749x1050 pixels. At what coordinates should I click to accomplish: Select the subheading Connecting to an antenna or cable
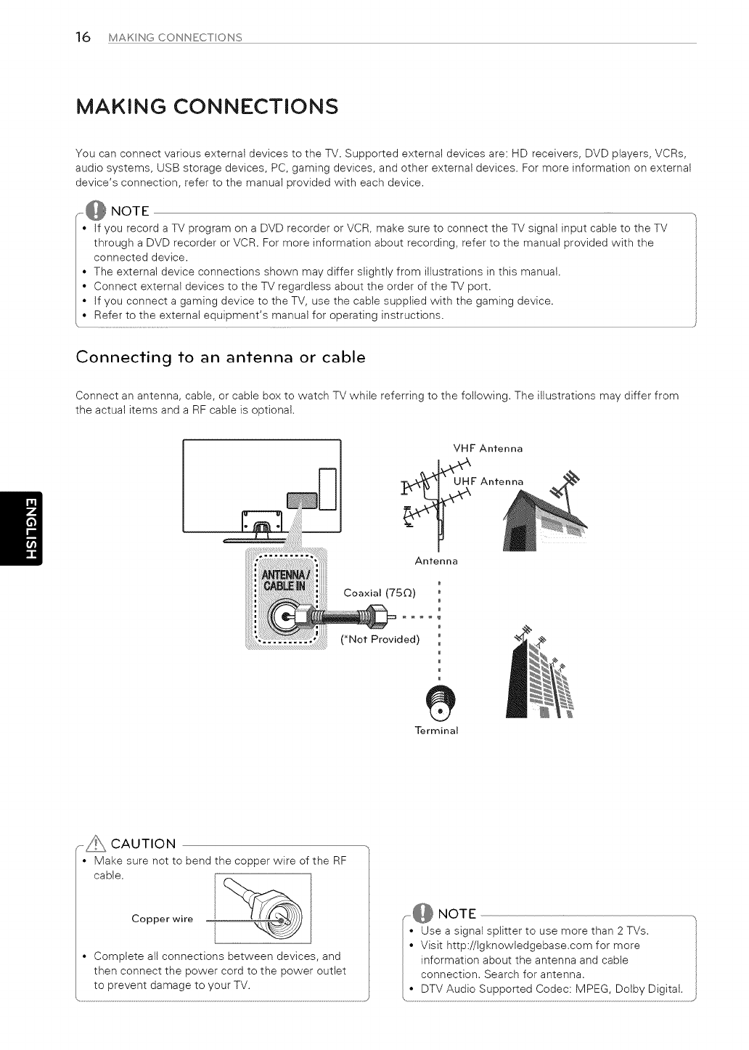point(221,357)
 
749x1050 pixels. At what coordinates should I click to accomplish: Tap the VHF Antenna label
point(487,449)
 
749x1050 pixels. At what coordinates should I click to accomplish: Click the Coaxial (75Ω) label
point(380,593)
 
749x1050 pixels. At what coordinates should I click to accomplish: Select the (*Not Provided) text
point(380,640)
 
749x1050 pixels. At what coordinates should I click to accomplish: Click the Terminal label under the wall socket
point(437,730)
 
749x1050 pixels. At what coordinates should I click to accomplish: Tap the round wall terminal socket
point(438,701)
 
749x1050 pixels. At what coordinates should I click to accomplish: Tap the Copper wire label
point(163,919)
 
